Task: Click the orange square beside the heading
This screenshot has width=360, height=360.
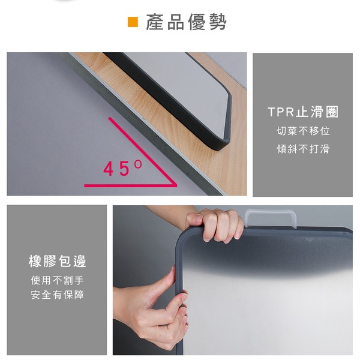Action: pos(133,22)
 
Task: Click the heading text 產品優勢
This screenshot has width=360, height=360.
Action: pos(186,22)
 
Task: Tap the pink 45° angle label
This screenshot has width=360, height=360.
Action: pos(123,168)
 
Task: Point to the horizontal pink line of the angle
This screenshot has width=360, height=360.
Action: pos(130,185)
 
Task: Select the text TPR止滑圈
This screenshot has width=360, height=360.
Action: pos(303,112)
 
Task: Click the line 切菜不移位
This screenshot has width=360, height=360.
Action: pos(303,131)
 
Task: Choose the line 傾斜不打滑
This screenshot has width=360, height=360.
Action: pos(303,149)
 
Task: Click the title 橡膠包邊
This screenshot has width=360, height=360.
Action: pos(57,261)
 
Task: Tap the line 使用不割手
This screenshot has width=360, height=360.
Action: pos(57,280)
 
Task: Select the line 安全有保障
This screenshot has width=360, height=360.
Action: pos(57,295)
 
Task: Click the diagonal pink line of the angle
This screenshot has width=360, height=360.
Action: pos(143,152)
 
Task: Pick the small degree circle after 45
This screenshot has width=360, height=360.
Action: pos(138,164)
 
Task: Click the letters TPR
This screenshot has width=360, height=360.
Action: pos(281,112)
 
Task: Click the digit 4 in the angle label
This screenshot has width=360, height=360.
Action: pos(109,169)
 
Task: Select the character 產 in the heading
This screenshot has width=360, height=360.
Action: pos(155,22)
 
